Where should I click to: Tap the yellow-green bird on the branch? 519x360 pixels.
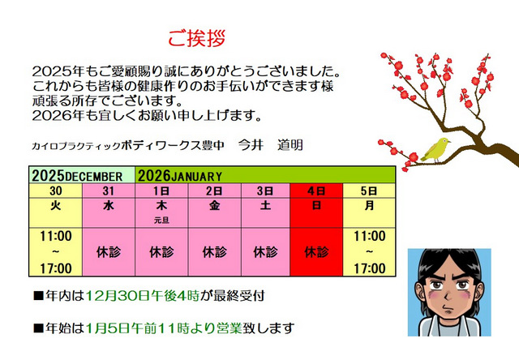(436, 148)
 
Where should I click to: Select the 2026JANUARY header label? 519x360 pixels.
(181, 175)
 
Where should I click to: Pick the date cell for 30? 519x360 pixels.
(56, 191)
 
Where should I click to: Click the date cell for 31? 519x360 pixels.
(109, 191)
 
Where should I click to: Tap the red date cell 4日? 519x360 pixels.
(317, 191)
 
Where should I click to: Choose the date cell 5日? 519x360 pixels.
(370, 191)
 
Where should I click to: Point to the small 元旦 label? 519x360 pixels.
(161, 219)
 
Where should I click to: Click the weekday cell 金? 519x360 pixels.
(214, 206)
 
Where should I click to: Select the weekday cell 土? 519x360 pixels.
(266, 206)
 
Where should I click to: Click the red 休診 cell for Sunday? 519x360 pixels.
(317, 251)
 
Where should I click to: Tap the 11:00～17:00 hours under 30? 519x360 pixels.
(56, 251)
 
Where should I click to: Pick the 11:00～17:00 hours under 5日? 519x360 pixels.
(370, 251)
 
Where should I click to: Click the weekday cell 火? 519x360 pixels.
(56, 206)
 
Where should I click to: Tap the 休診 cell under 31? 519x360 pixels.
(109, 251)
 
